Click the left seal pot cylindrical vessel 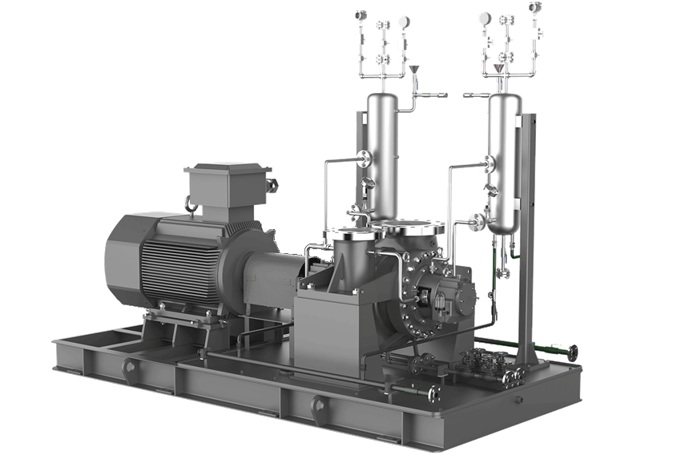[381, 152]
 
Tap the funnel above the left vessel [414, 74]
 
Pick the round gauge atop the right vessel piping [485, 18]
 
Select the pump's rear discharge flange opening [413, 227]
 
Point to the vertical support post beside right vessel [527, 240]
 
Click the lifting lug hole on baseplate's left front [128, 366]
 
